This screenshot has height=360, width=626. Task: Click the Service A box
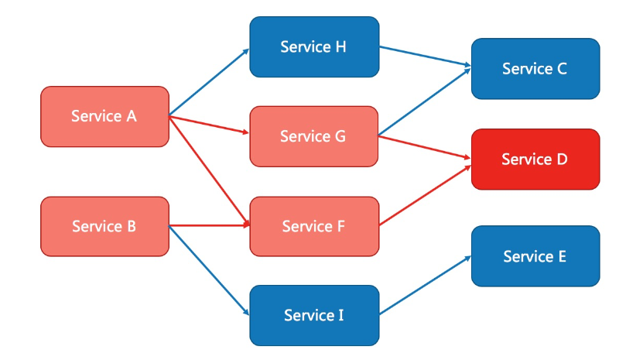104,116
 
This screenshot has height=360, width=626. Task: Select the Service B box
104,226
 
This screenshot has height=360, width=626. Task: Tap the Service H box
314,47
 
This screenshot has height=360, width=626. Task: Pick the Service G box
313,136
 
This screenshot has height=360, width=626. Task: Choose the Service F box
313,226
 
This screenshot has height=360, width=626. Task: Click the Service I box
313,315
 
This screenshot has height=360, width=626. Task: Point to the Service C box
535,69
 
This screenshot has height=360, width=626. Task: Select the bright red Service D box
535,159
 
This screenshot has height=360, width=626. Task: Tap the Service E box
535,256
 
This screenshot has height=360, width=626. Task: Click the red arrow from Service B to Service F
209,226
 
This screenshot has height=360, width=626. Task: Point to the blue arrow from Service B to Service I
209,270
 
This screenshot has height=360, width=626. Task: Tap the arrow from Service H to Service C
425,58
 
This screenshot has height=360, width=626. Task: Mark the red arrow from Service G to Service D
425,148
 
